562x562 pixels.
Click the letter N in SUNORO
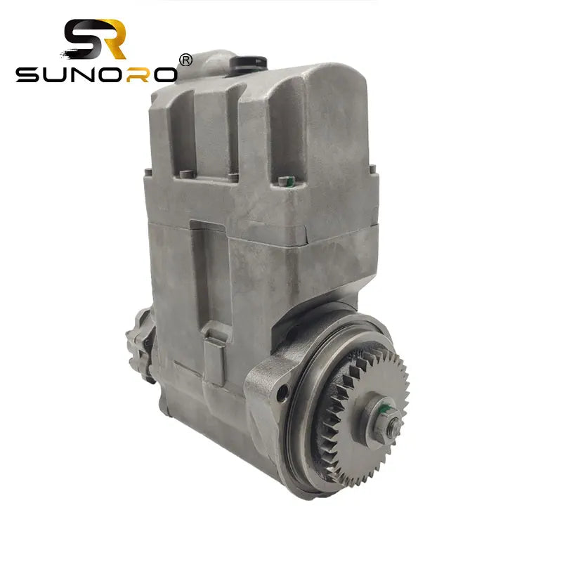pyautogui.click(x=84, y=74)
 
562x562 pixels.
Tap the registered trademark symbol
pyautogui.click(x=185, y=60)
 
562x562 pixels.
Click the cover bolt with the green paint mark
pyautogui.click(x=284, y=181)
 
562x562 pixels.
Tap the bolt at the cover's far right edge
pyautogui.click(x=372, y=168)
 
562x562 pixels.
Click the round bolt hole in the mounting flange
pyautogui.click(x=282, y=393)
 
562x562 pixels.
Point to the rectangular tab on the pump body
pyautogui.click(x=214, y=341)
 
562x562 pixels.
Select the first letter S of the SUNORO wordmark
pyautogui.click(x=29, y=74)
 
